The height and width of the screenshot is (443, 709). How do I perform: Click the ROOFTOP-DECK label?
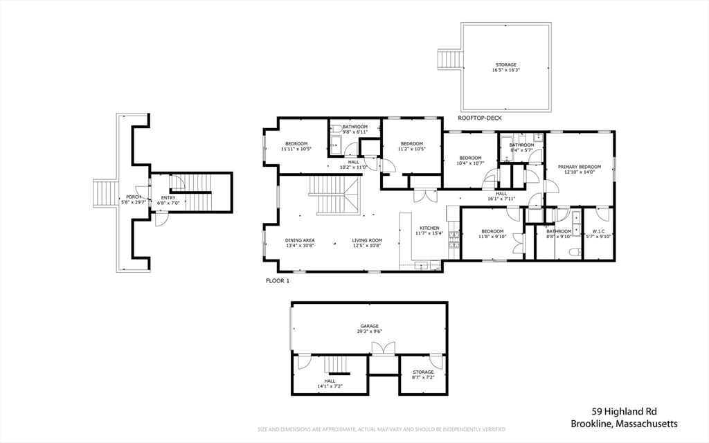tap(480, 118)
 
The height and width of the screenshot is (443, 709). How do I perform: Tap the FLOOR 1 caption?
tap(277, 281)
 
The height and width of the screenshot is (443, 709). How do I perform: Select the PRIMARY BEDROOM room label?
tap(580, 167)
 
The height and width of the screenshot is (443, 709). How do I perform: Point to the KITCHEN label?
tap(429, 228)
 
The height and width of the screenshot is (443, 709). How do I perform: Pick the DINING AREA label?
tap(300, 240)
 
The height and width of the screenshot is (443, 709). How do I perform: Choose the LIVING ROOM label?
tap(367, 240)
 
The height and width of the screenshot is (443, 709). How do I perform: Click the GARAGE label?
tap(370, 326)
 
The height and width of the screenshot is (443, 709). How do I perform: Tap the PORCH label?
tap(134, 197)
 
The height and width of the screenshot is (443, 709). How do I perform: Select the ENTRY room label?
tap(168, 198)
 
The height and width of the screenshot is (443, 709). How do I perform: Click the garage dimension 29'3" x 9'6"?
tap(370, 332)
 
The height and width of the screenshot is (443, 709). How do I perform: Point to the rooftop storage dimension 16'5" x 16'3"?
tap(505, 70)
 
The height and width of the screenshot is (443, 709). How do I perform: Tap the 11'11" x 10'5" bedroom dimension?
tap(296, 149)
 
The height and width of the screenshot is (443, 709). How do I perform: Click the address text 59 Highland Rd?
tap(625, 411)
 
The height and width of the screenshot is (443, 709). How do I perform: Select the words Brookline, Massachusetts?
tap(624, 424)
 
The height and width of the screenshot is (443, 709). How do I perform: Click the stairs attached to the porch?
tap(105, 194)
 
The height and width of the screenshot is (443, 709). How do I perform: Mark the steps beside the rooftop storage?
tap(450, 60)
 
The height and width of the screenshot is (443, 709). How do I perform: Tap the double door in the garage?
tap(383, 349)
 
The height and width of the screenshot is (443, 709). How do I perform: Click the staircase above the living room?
tap(334, 195)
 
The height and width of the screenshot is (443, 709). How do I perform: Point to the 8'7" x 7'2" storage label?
tap(423, 374)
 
